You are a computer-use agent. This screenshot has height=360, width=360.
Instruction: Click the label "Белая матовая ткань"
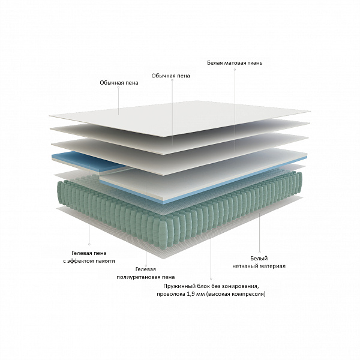tap(235, 62)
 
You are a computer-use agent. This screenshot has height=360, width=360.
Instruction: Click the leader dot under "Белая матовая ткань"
tap(235, 69)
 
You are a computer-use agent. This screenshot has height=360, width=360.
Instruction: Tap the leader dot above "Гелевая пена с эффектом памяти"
tap(89, 244)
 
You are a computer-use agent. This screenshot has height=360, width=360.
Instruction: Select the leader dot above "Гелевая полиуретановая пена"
tap(146, 266)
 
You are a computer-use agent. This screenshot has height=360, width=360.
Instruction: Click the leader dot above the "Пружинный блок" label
tap(211, 279)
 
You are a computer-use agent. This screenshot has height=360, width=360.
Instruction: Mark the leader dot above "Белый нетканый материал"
tap(259, 252)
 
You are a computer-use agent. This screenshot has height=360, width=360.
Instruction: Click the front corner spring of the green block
tap(170, 234)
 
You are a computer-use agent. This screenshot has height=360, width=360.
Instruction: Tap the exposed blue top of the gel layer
tap(87, 161)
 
